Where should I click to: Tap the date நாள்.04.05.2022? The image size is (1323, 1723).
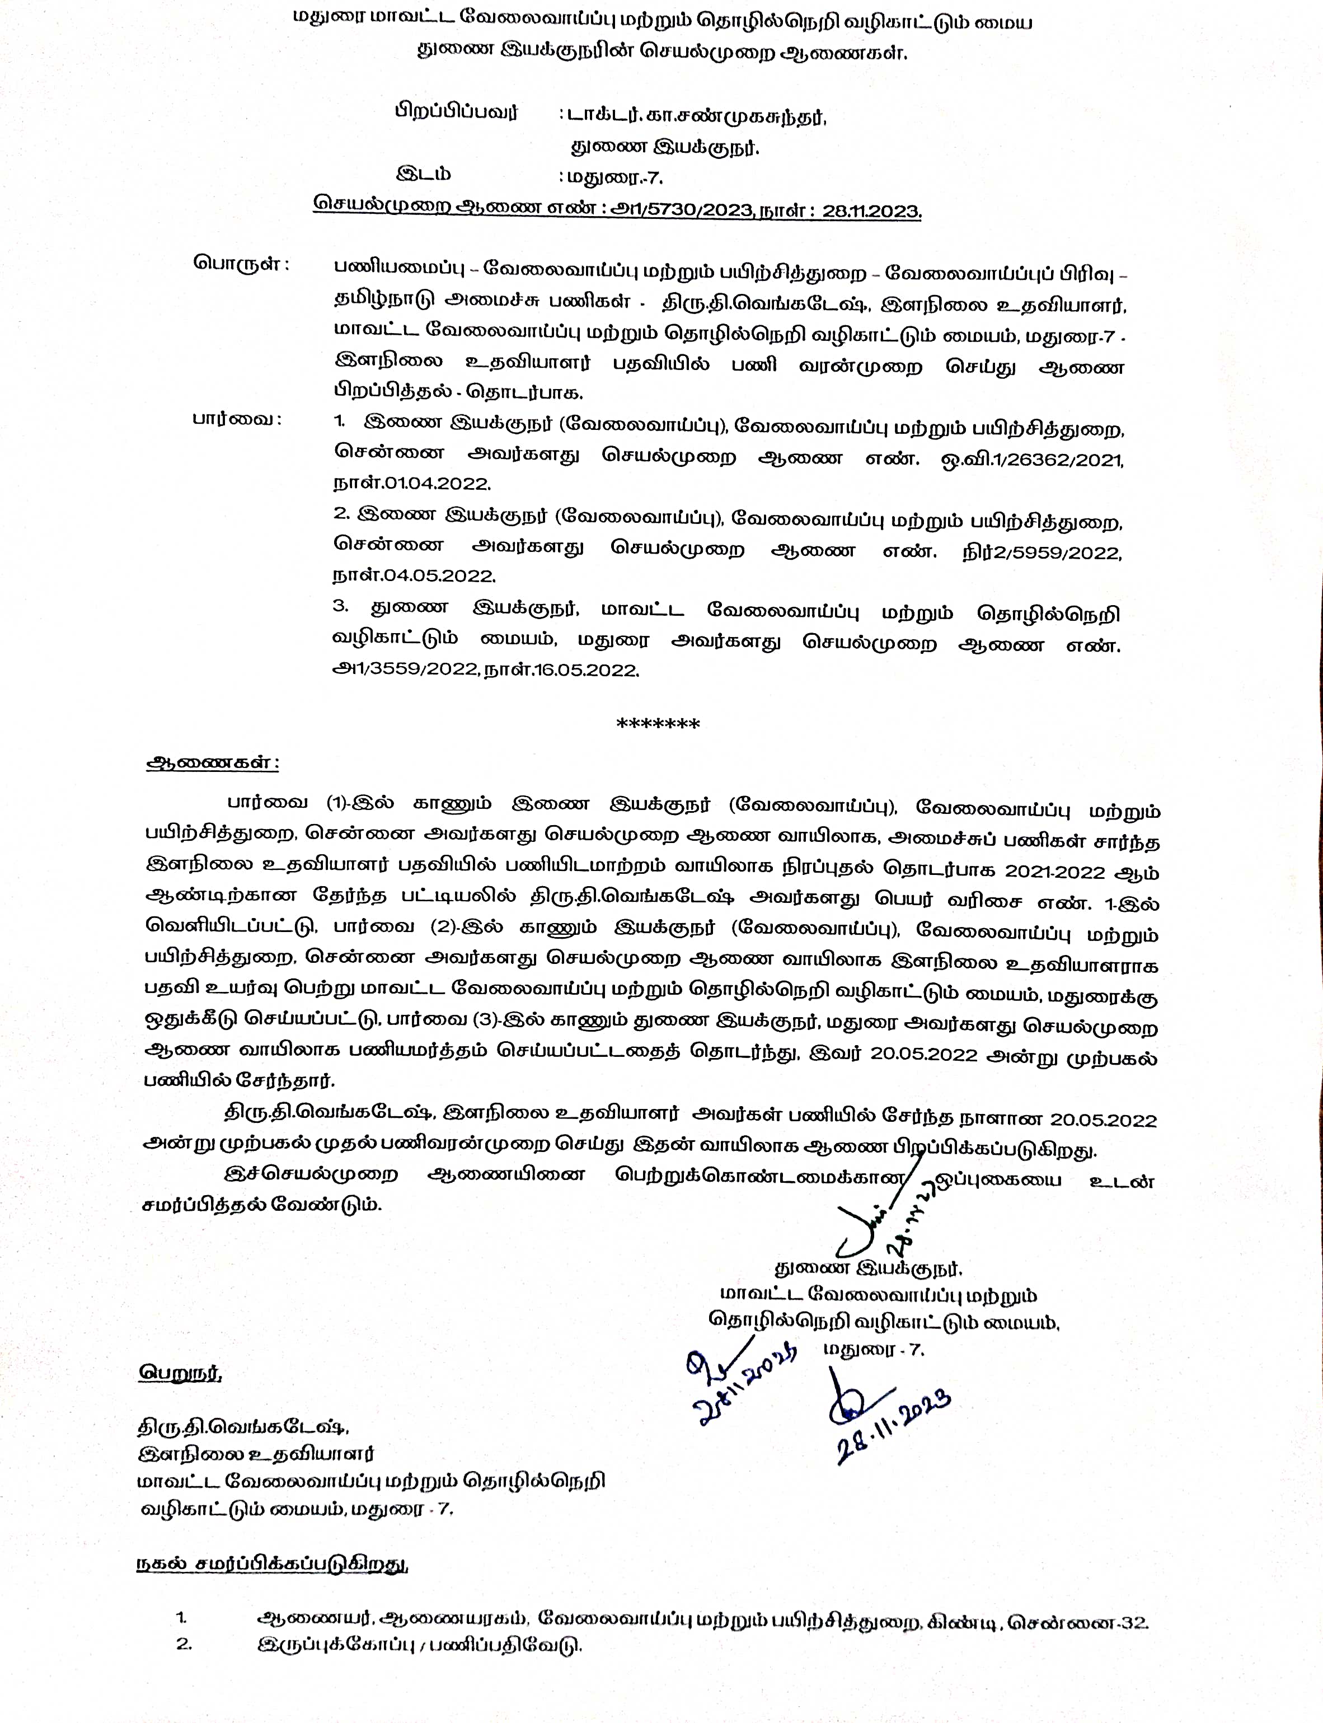tap(414, 575)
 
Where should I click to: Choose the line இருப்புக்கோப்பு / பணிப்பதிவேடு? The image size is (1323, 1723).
tap(420, 1646)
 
